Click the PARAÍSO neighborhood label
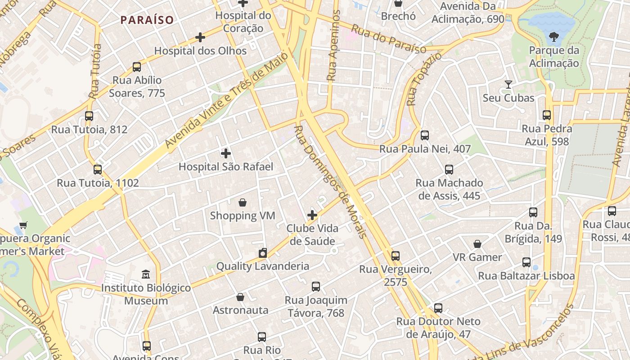(x=147, y=20)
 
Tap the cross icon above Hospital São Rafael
(x=226, y=153)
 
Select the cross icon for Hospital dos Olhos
(x=200, y=37)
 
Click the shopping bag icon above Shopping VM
(x=243, y=202)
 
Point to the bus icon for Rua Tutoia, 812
(x=89, y=116)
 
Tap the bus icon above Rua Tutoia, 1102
(x=98, y=170)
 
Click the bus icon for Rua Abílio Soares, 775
(x=137, y=67)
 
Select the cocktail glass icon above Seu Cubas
(x=508, y=85)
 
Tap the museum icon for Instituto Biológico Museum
(x=146, y=274)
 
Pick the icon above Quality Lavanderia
(x=263, y=253)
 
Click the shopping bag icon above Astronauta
(x=240, y=297)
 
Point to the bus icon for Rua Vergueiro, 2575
(x=396, y=256)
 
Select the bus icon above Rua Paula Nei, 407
(x=425, y=135)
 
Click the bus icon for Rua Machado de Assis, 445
(x=449, y=170)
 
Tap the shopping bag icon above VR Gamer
(x=477, y=244)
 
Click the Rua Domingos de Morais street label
(x=330, y=181)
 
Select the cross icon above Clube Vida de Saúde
(x=312, y=215)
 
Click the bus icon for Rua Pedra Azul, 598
(x=547, y=115)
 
